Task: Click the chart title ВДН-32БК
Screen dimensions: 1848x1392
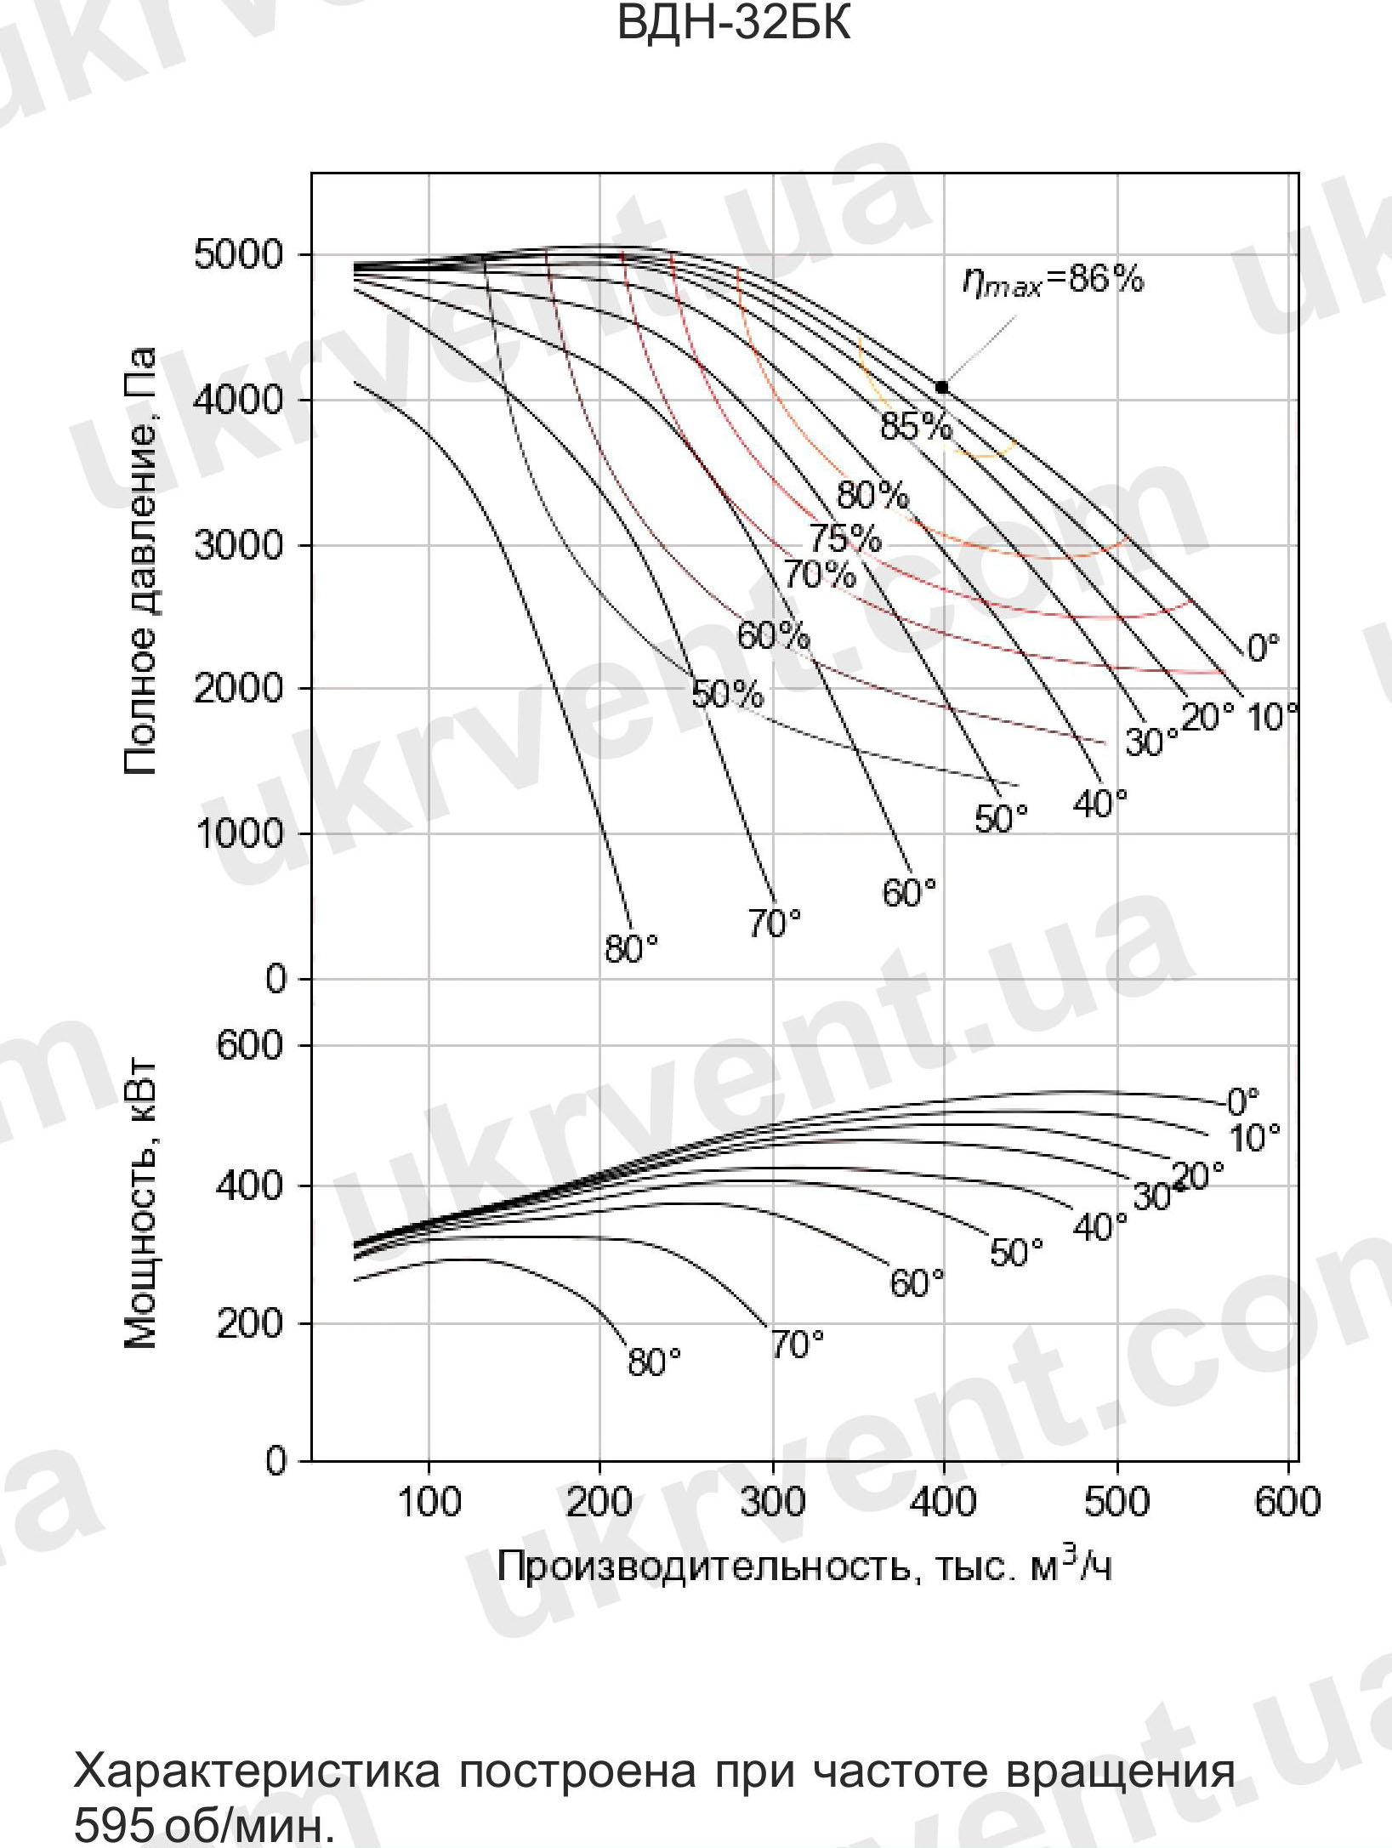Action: coord(732,23)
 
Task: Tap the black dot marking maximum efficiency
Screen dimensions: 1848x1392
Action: coord(941,387)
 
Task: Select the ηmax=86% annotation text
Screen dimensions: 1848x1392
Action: coord(1054,281)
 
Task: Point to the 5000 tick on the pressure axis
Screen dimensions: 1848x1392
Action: coord(239,254)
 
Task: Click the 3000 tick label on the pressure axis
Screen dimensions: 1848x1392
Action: coord(239,545)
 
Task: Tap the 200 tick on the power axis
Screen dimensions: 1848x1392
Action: coord(249,1324)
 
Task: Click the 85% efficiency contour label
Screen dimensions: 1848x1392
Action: coord(916,426)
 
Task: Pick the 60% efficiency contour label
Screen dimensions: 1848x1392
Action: coord(773,636)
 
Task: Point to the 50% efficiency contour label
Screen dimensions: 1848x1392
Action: coord(727,695)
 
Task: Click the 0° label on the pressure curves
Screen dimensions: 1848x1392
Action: coord(1263,649)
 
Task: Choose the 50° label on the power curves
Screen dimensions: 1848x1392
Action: coord(1016,1253)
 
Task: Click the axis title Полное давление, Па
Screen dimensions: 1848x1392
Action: coord(141,561)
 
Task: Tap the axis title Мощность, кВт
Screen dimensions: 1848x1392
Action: coord(141,1204)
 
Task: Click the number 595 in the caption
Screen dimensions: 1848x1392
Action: coord(113,1823)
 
